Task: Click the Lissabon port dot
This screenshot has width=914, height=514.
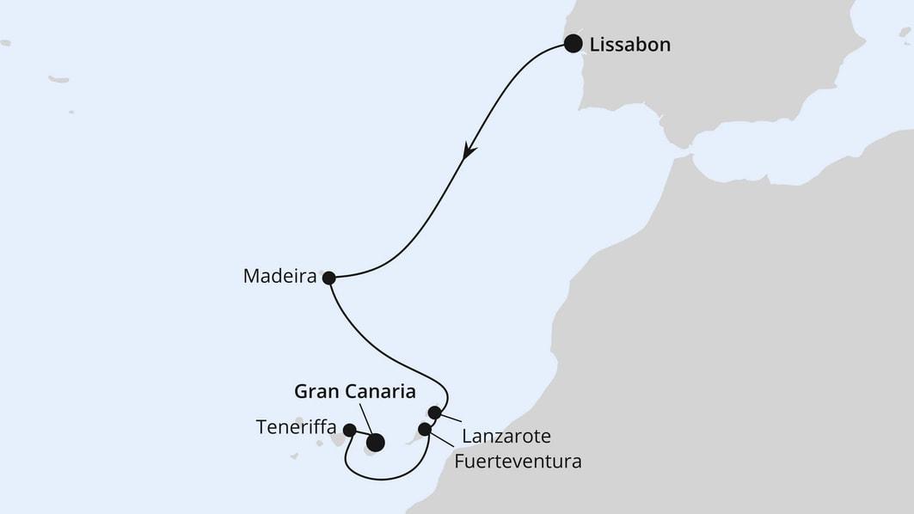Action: (x=573, y=44)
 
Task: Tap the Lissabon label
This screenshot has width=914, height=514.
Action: (x=630, y=45)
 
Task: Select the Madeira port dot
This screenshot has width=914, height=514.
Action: (x=328, y=278)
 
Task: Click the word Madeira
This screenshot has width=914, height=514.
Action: (x=279, y=277)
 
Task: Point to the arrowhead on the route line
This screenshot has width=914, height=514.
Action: (x=469, y=150)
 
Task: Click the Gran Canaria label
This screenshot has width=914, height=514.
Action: (x=355, y=392)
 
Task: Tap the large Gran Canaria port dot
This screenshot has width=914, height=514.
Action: (x=375, y=444)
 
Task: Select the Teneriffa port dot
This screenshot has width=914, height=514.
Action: (x=349, y=430)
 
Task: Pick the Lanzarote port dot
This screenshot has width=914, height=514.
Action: (x=434, y=413)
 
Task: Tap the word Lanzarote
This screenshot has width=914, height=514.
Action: (x=506, y=436)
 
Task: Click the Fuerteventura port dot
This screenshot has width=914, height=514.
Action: (x=424, y=429)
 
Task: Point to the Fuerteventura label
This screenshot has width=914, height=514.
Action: (x=518, y=462)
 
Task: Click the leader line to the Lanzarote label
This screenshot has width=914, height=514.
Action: (x=451, y=419)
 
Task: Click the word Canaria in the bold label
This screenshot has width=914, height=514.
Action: (x=379, y=392)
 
